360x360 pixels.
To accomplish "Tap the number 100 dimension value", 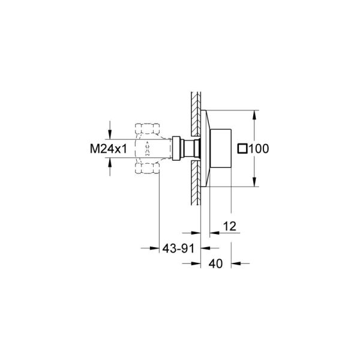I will tap(259, 148).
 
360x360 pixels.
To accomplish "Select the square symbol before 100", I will tap(242, 148).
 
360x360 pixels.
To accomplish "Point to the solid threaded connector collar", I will tap(178, 148).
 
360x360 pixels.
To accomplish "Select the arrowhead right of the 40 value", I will tap(235, 263).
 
